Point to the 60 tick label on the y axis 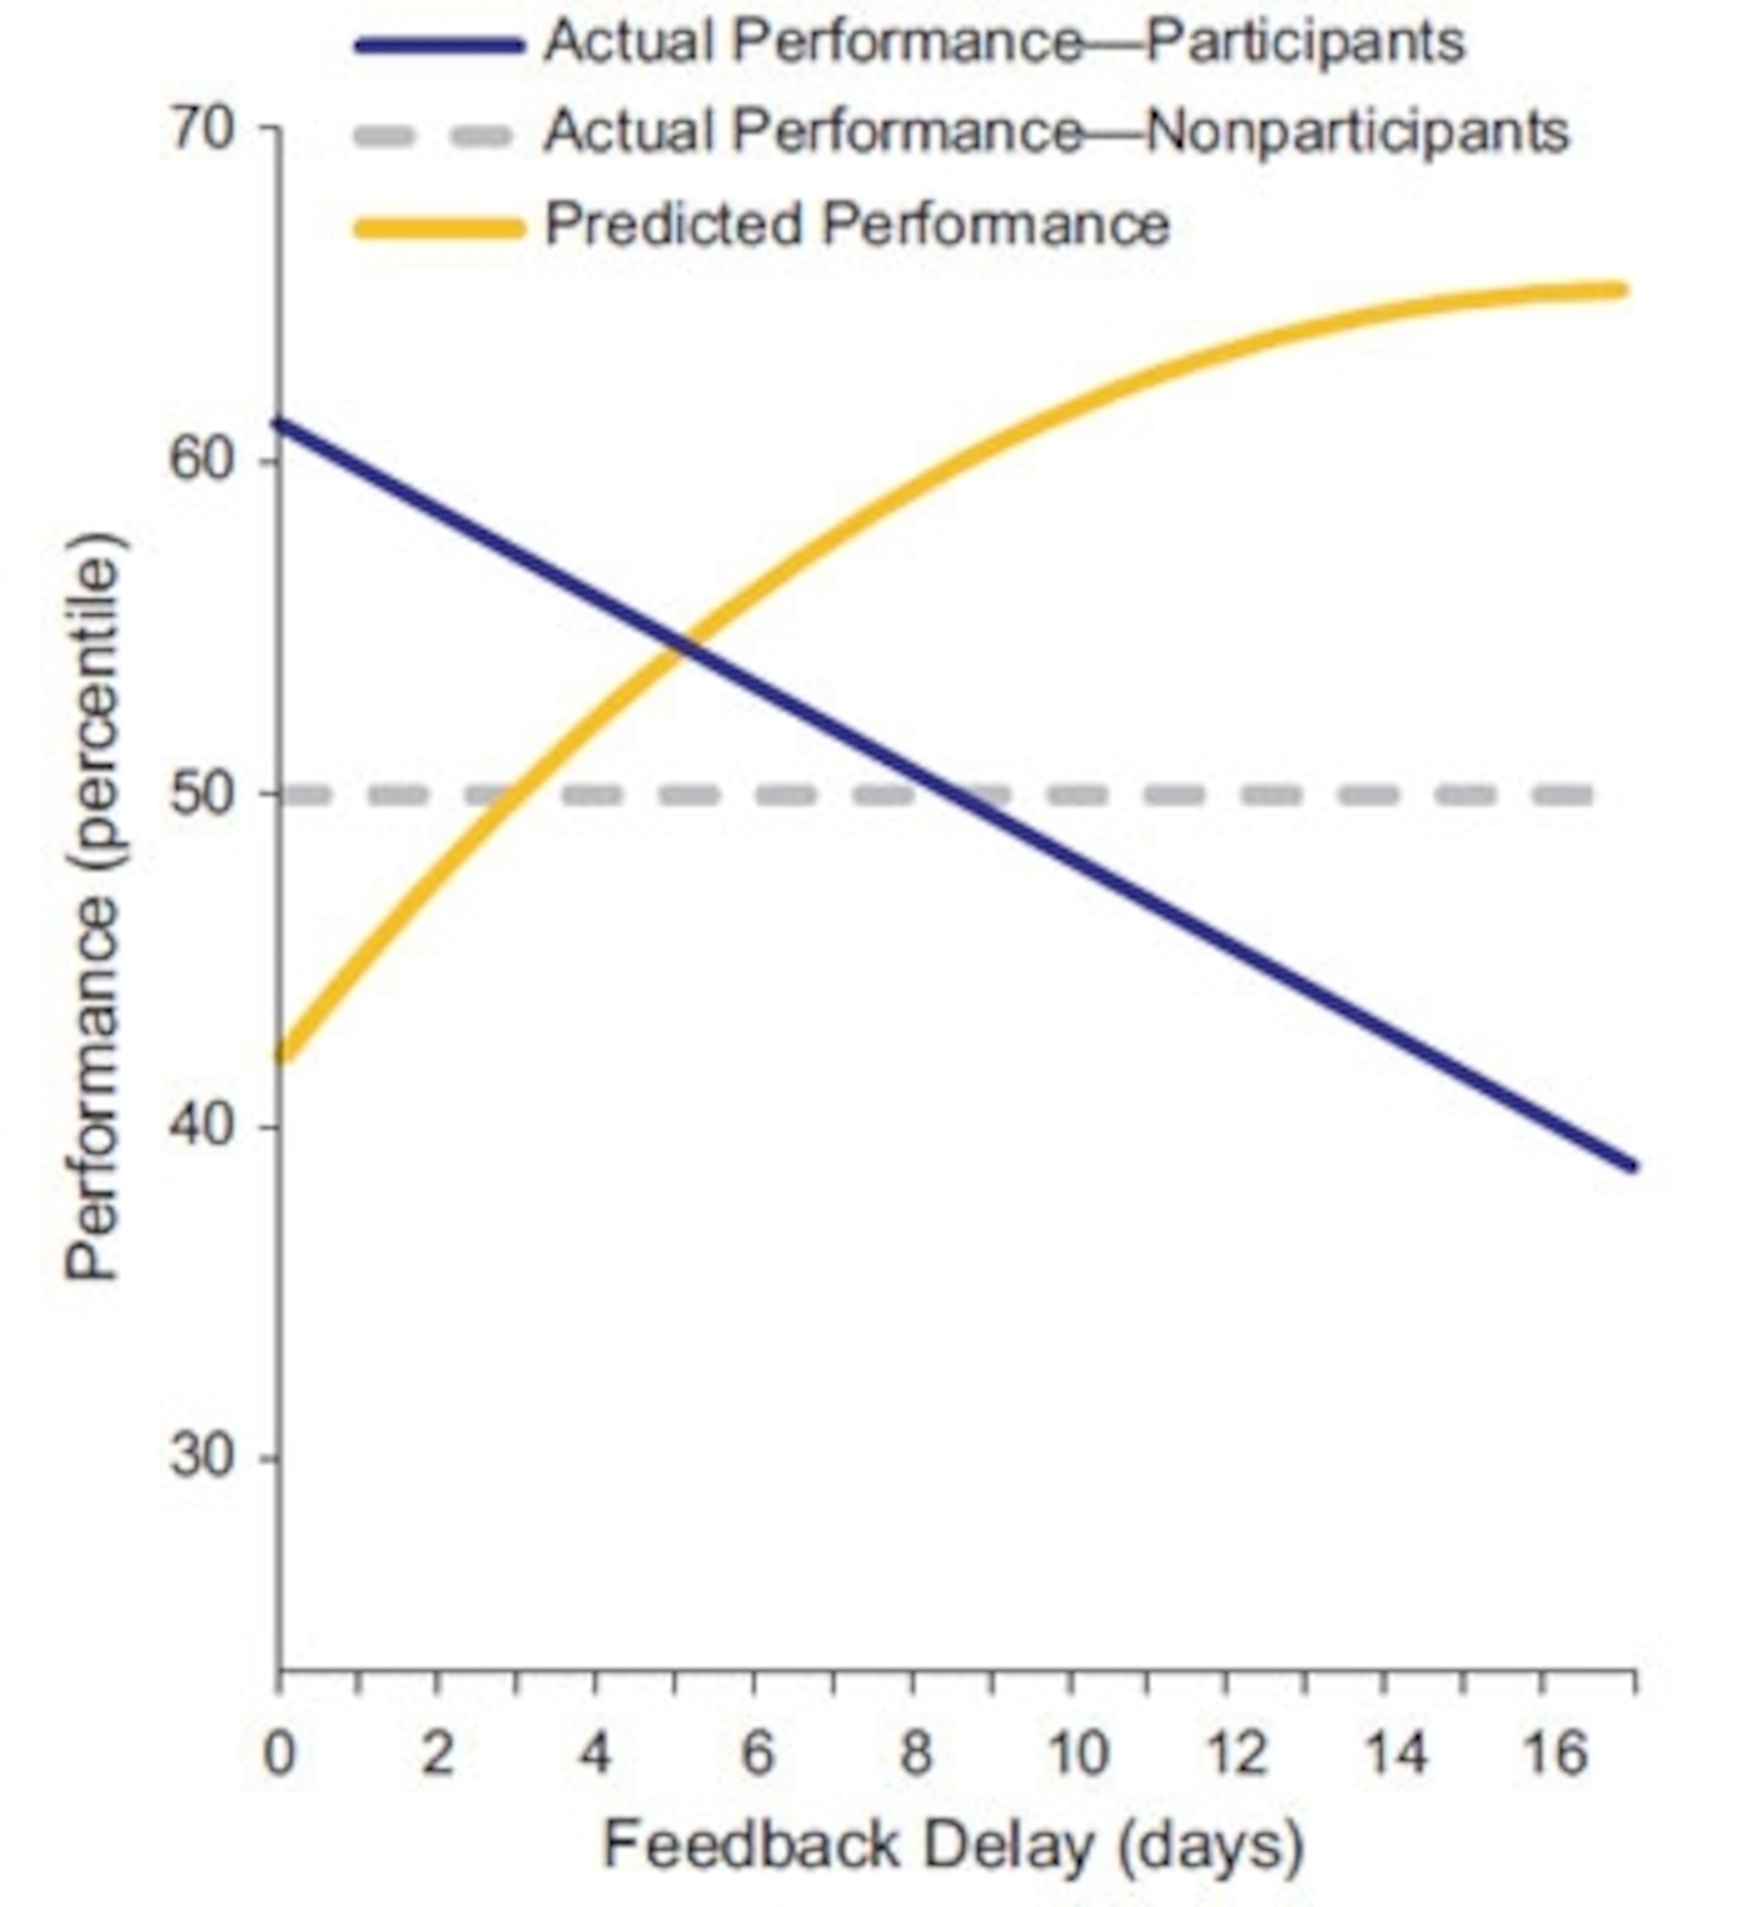pos(202,461)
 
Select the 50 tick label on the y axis pos(202,793)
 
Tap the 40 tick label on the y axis pos(202,1125)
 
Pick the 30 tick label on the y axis pos(202,1458)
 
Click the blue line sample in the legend pos(439,45)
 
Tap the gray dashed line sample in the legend pos(433,136)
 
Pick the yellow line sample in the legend pos(439,228)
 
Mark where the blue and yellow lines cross pos(684,647)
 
